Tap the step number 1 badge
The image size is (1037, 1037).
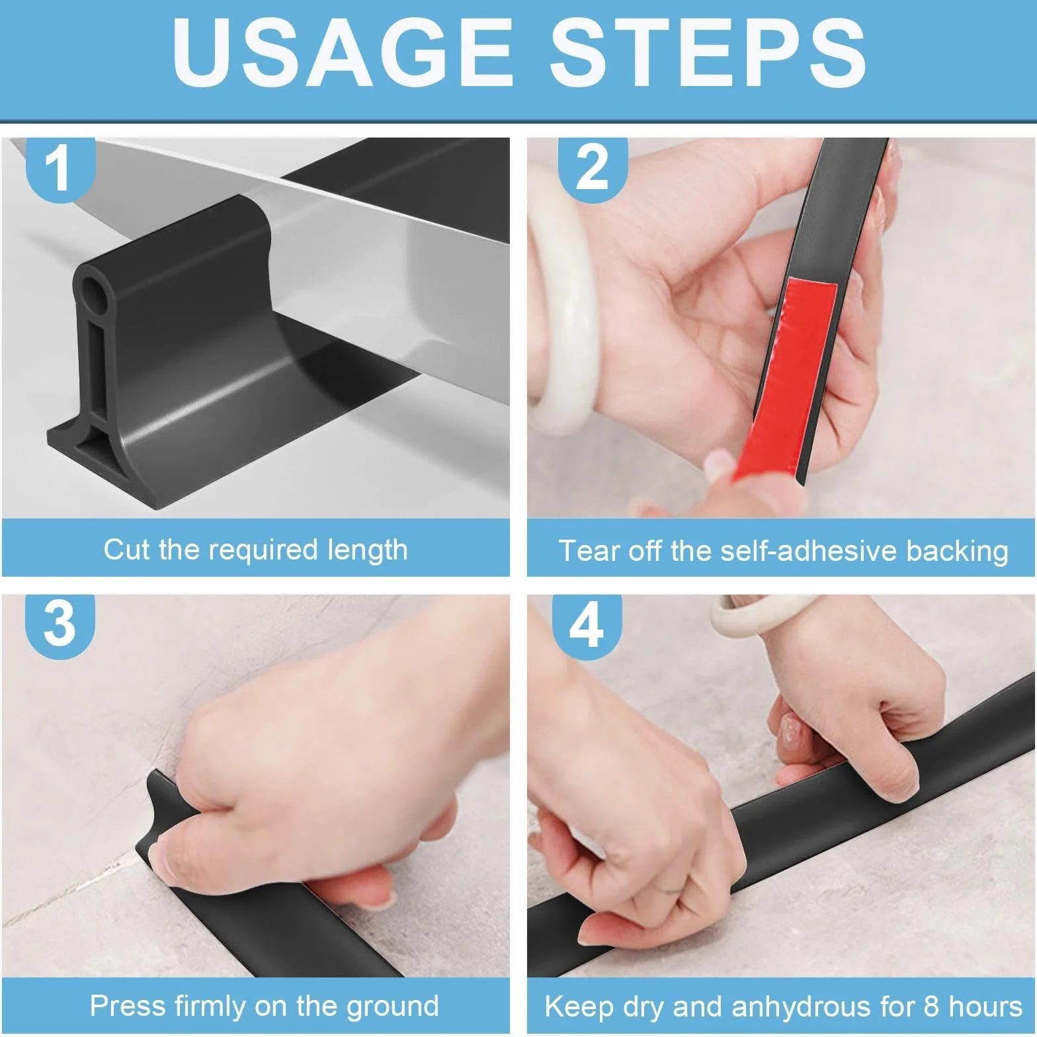[60, 165]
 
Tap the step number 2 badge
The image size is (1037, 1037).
[592, 165]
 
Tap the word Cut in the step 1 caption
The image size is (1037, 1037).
[127, 550]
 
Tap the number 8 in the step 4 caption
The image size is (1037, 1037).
[934, 1007]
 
